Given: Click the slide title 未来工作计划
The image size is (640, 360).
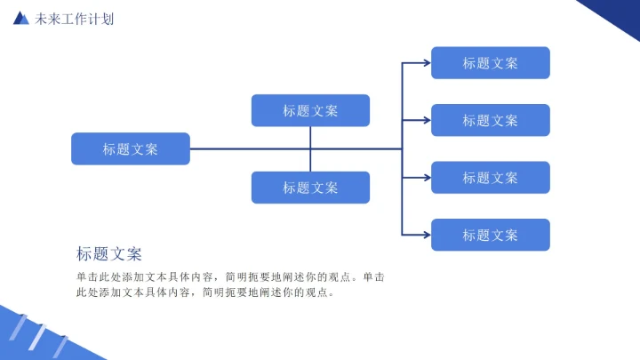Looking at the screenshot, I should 75,19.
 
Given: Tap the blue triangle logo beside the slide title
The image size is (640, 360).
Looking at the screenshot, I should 21,19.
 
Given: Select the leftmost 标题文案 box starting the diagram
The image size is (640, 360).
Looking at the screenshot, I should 131,149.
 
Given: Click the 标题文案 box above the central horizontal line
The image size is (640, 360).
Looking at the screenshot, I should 310,110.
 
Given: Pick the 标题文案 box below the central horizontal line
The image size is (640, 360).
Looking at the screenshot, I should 310,188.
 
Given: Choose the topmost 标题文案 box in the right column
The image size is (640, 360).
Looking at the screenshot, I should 490,63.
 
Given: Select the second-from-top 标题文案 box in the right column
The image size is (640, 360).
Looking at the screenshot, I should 490,120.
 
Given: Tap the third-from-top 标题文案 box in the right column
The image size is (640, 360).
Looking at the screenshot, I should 490,178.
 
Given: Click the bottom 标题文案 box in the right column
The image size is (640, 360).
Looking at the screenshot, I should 490,235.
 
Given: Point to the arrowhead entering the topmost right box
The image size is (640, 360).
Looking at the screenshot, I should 427,63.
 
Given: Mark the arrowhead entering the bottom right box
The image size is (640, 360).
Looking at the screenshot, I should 427,235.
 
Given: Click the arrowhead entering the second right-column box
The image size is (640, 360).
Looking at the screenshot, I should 427,120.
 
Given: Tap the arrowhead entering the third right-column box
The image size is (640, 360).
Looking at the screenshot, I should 427,178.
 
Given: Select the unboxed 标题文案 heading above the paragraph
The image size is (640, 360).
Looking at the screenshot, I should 109,254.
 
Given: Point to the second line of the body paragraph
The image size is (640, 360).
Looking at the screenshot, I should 206,292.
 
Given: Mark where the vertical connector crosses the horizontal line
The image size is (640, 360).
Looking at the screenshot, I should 310,149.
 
